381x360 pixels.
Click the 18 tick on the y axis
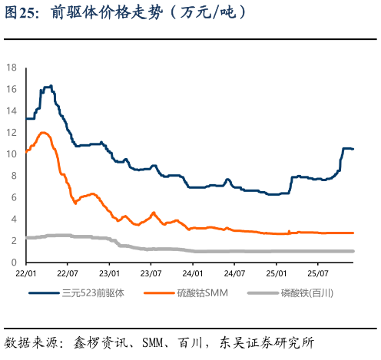pyautogui.click(x=11, y=68)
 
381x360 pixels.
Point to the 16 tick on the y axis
pyautogui.click(x=11, y=89)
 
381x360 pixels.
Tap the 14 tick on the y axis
pyautogui.click(x=11, y=111)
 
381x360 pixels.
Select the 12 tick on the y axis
pyautogui.click(x=11, y=132)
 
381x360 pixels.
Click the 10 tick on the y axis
pyautogui.click(x=11, y=154)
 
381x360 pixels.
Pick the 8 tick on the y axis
pyautogui.click(x=12, y=176)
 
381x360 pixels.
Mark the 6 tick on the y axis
pyautogui.click(x=12, y=197)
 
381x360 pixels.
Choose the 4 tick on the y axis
pyautogui.click(x=12, y=219)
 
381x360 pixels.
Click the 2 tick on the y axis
pyautogui.click(x=12, y=240)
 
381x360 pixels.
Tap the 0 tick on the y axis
pyautogui.click(x=12, y=263)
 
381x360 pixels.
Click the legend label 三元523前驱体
pyautogui.click(x=92, y=292)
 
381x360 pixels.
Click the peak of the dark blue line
pyautogui.click(x=50, y=85)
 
